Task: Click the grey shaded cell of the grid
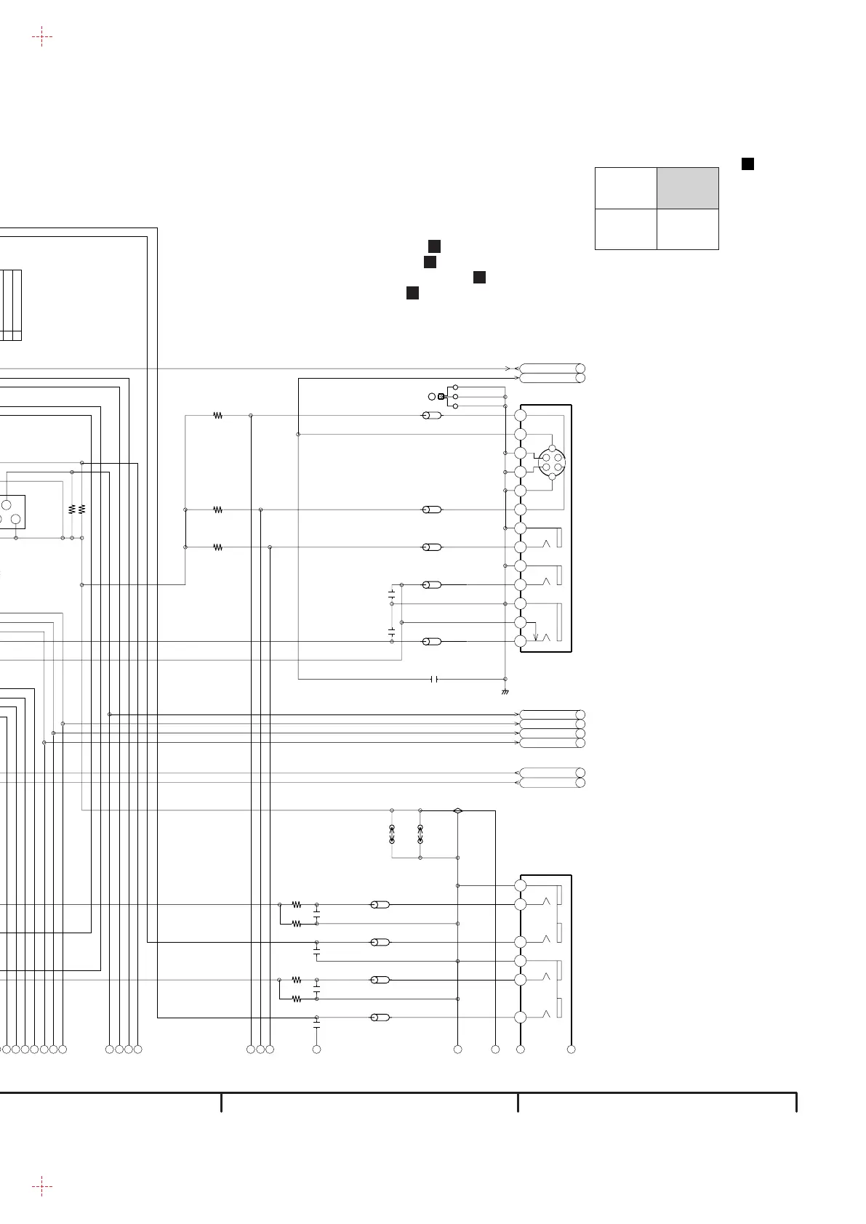click(x=688, y=188)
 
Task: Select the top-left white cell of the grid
click(x=626, y=188)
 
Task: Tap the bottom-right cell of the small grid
click(x=688, y=229)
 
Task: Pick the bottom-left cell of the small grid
click(x=626, y=229)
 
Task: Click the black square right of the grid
click(x=747, y=164)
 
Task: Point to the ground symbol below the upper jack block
click(x=505, y=691)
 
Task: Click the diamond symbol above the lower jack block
click(x=457, y=810)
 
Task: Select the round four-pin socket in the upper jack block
click(x=552, y=462)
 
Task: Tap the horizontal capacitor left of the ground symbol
click(x=434, y=679)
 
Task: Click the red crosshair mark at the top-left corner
click(x=42, y=36)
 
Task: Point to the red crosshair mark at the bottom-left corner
click(x=42, y=1186)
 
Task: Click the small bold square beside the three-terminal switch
click(x=441, y=396)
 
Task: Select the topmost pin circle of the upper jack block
click(x=520, y=415)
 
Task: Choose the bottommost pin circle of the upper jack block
click(x=520, y=641)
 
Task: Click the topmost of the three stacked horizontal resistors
click(x=217, y=416)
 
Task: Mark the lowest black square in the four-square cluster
click(x=412, y=293)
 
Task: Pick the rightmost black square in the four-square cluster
click(x=479, y=277)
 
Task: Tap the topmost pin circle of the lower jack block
click(x=520, y=885)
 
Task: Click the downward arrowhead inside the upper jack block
click(x=536, y=637)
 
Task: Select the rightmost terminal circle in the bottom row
click(x=571, y=1049)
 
